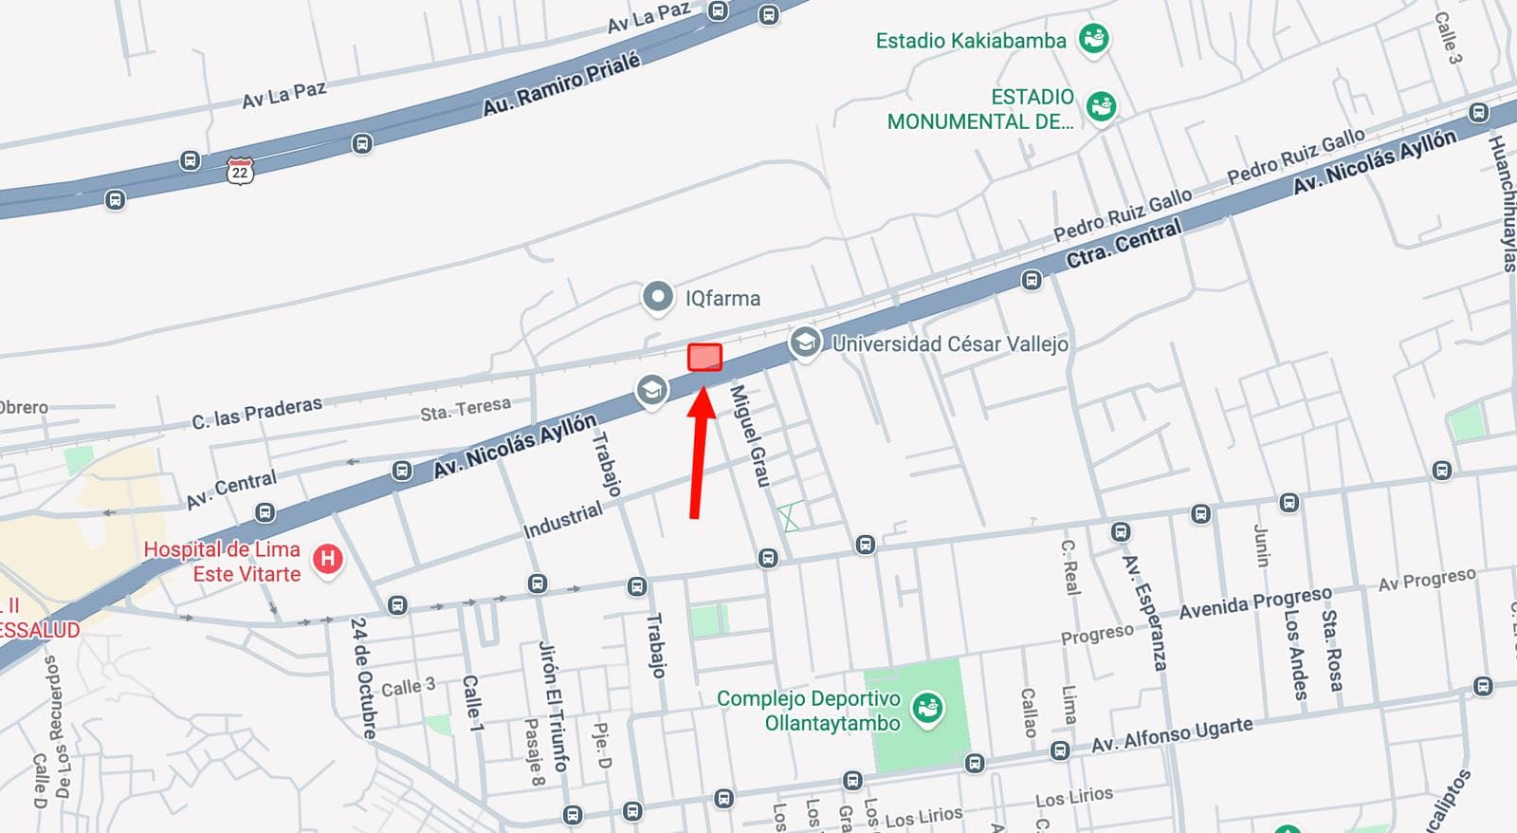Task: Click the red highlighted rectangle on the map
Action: tap(704, 358)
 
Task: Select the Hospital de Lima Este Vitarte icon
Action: tap(328, 559)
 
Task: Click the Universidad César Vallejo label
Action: tap(949, 343)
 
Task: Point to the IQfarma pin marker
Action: tap(657, 297)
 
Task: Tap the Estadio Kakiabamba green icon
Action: tap(1094, 39)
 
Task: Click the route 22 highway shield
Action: tap(240, 172)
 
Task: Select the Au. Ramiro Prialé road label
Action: tap(561, 84)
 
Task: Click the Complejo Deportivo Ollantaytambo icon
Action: tap(926, 709)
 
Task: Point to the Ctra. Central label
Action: tap(1124, 243)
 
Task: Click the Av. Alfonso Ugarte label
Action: tap(1172, 735)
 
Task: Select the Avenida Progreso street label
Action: tap(1255, 602)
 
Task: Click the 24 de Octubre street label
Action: tap(362, 677)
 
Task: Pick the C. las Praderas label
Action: tap(257, 413)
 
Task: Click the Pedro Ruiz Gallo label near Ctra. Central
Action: tap(1123, 214)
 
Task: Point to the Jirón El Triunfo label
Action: tap(554, 706)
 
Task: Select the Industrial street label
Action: tap(563, 520)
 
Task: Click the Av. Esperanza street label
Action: tap(1143, 613)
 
